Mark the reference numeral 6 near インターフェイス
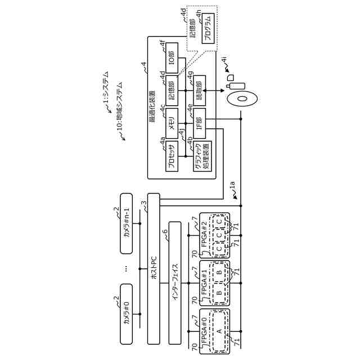coord(165,231)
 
